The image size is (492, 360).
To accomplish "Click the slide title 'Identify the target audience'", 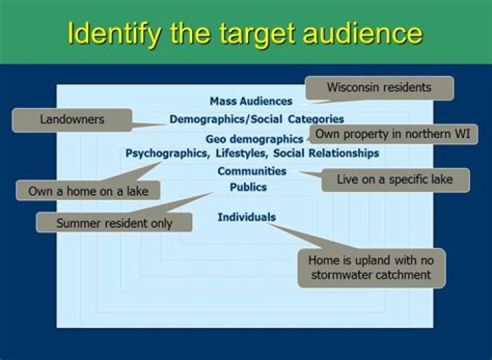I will pos(245,33).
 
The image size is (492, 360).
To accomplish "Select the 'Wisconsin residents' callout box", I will pos(379,88).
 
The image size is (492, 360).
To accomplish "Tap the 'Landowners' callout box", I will pos(72,120).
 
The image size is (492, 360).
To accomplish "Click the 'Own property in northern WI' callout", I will pos(392,134).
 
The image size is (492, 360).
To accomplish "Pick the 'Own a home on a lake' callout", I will pos(88,191).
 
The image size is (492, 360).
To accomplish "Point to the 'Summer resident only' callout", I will pos(114,223).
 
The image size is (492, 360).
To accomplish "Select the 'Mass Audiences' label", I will pos(251,101).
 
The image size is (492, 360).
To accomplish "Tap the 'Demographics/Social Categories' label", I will pos(257,120).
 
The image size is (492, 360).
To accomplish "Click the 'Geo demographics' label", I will pos(254,139).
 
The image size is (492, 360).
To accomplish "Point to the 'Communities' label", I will pos(251,171).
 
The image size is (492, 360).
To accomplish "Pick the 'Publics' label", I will pos(248,186).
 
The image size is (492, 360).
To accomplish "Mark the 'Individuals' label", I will pos(247,217).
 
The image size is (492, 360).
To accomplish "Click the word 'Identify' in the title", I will pos(113,33).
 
